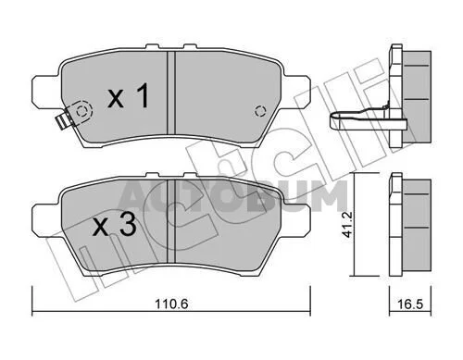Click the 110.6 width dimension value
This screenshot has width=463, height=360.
click(x=171, y=304)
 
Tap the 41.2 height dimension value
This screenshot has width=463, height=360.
click(x=347, y=224)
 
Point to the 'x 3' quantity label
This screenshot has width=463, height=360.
click(x=115, y=225)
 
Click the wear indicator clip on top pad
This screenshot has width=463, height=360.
click(x=65, y=121)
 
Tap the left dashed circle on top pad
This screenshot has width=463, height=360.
click(x=81, y=111)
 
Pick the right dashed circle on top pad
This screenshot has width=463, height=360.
click(x=260, y=111)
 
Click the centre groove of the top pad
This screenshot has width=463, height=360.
click(x=171, y=93)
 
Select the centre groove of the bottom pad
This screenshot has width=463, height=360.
click(x=171, y=221)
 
